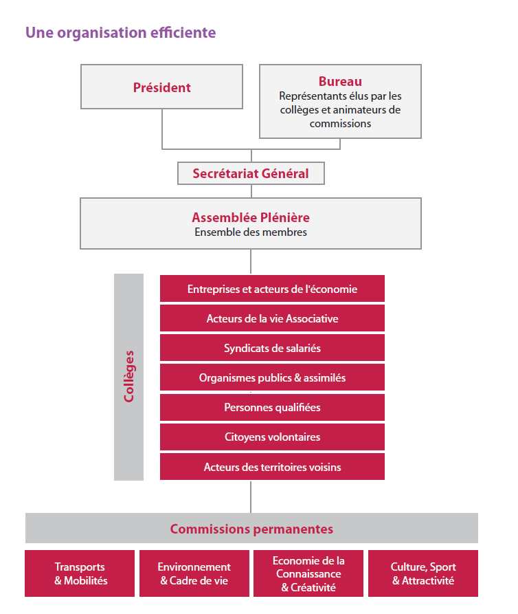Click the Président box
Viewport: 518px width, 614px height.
point(161,87)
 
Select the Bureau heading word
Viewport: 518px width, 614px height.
point(340,81)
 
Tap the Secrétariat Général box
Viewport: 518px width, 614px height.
point(251,173)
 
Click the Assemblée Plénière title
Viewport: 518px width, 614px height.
point(250,217)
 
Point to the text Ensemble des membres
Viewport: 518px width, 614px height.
point(250,232)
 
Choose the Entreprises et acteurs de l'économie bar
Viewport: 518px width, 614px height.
point(272,289)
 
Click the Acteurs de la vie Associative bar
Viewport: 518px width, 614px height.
point(272,318)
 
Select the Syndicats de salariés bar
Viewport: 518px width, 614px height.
point(272,348)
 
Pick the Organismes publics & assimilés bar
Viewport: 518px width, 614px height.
point(272,377)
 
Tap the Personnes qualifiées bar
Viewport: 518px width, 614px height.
point(272,407)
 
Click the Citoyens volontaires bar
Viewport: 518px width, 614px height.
point(272,437)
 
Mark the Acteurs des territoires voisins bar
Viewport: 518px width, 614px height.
point(272,467)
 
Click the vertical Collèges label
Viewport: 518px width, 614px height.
point(128,376)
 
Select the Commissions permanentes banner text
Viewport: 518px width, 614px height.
point(251,529)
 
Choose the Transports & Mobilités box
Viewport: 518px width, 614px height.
point(80,573)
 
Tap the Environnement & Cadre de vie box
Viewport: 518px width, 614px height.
point(194,573)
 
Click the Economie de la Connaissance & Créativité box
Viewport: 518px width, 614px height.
point(308,573)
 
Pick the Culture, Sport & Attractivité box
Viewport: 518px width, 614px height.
point(423,573)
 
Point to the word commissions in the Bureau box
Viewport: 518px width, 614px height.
point(340,124)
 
